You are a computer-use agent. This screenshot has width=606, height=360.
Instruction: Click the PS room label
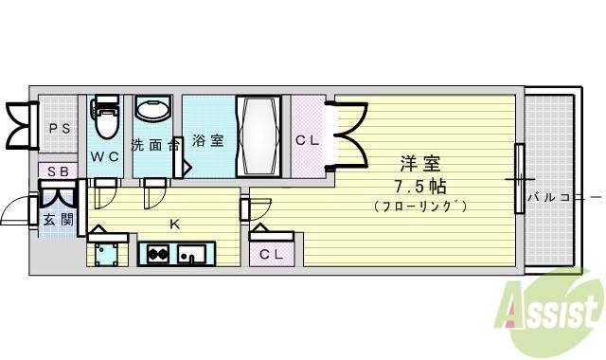point(60,129)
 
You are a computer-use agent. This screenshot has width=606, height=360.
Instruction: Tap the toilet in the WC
point(104,117)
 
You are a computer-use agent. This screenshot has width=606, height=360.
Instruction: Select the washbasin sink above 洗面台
point(153,108)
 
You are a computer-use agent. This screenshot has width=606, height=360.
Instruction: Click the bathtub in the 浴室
point(258,136)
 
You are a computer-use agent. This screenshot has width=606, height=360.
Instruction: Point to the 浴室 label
point(208,140)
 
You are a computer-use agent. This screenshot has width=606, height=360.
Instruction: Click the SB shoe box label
point(58,171)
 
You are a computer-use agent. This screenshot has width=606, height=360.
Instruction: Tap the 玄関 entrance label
point(58,220)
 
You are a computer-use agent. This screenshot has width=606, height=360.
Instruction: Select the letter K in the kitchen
point(175,224)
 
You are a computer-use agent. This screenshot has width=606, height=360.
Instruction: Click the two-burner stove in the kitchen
point(158,255)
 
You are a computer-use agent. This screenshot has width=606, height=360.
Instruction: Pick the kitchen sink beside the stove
point(191,254)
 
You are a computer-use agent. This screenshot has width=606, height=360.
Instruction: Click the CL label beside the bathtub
point(307,140)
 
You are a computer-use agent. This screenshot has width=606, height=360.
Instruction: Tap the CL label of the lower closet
point(272,255)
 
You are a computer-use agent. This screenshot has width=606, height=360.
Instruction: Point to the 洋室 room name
point(420,164)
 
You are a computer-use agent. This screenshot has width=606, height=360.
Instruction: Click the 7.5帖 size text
point(420,187)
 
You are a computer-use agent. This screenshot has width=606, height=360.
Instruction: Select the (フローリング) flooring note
point(420,206)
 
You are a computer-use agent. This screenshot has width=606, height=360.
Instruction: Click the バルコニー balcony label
point(566,198)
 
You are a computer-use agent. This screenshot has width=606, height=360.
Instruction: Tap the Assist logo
point(549,311)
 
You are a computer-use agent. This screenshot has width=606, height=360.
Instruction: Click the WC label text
point(104,156)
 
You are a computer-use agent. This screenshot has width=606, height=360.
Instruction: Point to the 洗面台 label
point(155,145)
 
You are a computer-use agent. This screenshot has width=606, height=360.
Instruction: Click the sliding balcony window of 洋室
point(520,179)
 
